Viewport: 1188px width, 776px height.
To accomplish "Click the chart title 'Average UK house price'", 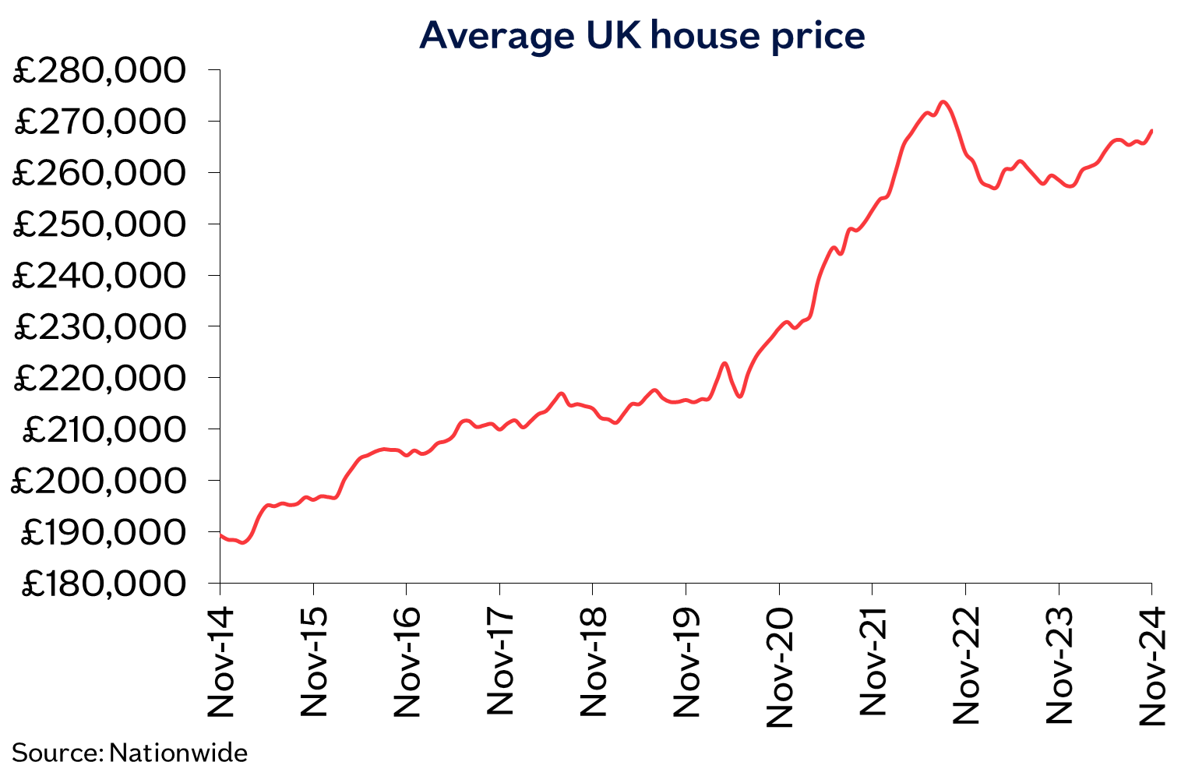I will coord(642,36).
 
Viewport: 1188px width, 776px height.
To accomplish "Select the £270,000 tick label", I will coord(100,122).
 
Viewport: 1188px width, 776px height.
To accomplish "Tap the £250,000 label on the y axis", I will coord(100,224).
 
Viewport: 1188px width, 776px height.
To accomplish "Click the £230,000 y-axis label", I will coord(100,326).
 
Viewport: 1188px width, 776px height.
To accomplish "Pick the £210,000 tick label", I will coord(104,429).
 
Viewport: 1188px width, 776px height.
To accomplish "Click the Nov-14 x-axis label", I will coord(220,661).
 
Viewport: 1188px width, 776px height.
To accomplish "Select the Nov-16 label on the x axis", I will coord(407,661).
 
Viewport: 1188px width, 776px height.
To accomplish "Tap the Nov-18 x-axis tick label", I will coord(593,661).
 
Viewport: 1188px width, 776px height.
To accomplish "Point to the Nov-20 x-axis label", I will coord(779,666).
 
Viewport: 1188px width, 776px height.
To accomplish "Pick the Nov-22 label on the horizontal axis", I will coord(965,666).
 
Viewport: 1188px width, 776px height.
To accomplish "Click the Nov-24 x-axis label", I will coord(1151,666).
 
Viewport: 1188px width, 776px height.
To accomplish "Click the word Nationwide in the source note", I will coord(178,753).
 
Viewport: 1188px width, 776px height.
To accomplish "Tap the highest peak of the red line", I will coord(943,101).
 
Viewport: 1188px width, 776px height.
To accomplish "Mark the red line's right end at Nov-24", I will coord(1151,130).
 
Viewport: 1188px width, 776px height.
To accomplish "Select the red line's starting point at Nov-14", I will coord(220,534).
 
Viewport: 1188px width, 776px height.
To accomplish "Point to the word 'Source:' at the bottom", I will coord(57,753).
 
